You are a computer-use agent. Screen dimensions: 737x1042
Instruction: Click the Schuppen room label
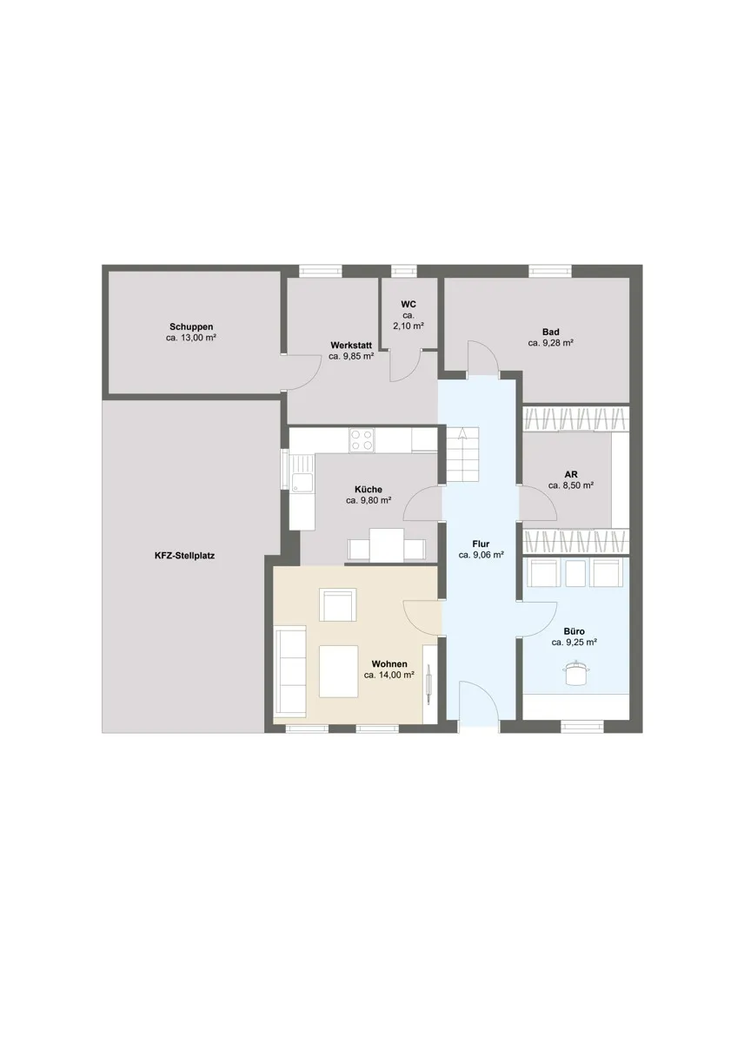(191, 326)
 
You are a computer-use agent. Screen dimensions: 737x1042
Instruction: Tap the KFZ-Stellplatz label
(184, 556)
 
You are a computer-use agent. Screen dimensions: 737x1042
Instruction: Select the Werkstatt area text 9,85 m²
(351, 357)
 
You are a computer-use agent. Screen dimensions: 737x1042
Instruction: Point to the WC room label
(408, 305)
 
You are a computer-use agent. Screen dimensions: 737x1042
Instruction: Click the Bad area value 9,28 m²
(550, 343)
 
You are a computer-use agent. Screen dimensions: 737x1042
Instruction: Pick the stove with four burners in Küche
(362, 439)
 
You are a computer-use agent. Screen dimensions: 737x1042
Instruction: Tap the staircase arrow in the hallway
(462, 433)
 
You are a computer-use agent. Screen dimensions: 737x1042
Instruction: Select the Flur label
(481, 544)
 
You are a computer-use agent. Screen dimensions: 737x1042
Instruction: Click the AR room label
(571, 474)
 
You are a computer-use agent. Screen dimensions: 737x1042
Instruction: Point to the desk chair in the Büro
(576, 673)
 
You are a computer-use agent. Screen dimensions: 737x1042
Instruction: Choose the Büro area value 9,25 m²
(574, 643)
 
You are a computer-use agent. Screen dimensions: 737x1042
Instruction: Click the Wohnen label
(389, 664)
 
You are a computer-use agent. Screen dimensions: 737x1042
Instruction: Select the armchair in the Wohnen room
(338, 604)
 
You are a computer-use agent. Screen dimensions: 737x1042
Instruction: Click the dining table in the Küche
(387, 545)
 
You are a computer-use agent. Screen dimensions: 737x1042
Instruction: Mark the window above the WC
(403, 271)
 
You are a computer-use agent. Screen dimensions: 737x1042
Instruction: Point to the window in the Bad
(550, 271)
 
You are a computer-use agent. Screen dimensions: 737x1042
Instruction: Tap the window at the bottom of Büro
(582, 726)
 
